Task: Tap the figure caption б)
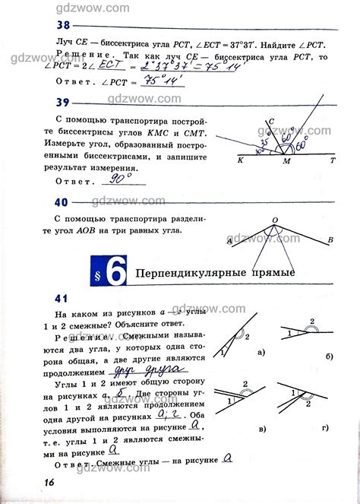point(327,356)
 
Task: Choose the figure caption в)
point(261,427)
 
